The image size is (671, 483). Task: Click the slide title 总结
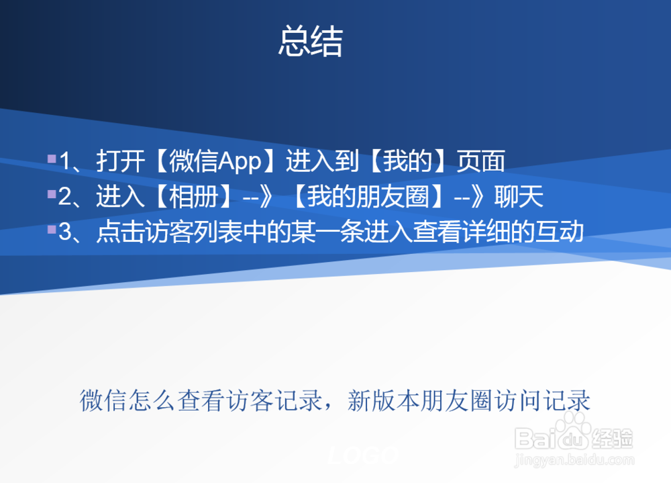click(311, 42)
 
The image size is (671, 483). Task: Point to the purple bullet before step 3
click(52, 230)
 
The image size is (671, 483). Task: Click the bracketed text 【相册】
click(191, 197)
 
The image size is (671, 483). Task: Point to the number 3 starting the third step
click(65, 233)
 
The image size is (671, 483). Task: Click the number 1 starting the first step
click(65, 162)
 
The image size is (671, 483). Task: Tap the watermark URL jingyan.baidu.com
click(574, 461)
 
